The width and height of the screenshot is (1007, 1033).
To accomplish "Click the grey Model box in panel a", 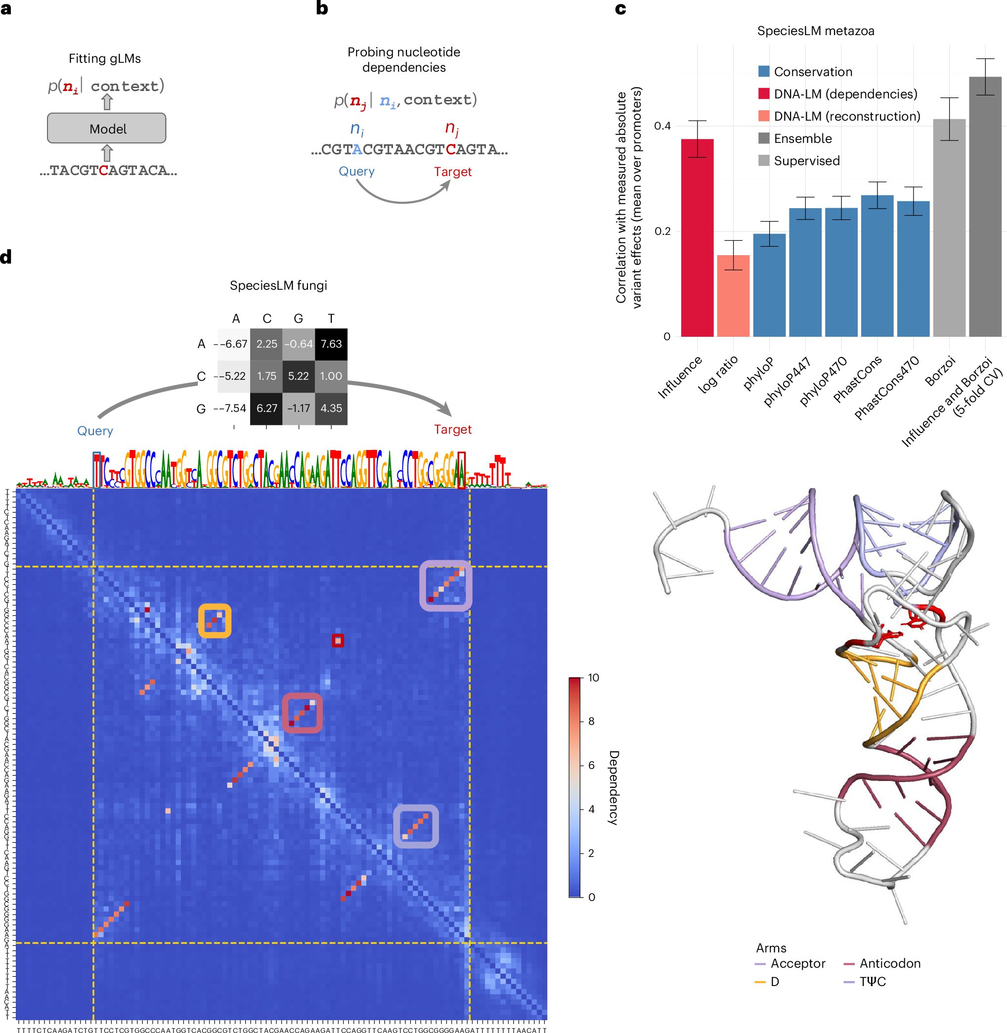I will tap(106, 128).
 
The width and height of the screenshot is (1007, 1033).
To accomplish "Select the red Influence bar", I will tap(697, 238).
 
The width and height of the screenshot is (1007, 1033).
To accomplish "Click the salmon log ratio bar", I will tap(733, 296).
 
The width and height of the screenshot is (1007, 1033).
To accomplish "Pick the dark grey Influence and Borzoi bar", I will tap(985, 206).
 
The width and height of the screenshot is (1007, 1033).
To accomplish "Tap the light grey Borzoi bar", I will tap(949, 227).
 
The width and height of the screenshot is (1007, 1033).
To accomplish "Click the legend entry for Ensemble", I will tap(802, 138).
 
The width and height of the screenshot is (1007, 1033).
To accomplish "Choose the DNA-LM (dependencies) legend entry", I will tap(845, 94).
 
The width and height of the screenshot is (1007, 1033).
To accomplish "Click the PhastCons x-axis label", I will tap(858, 378).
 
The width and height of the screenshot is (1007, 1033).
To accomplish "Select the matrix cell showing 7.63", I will tap(331, 344).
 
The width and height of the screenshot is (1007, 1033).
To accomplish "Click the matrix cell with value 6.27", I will tap(266, 408).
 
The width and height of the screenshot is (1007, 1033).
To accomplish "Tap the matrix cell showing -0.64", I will tap(298, 344).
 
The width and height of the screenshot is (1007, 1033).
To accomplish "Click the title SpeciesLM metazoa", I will tap(815, 31).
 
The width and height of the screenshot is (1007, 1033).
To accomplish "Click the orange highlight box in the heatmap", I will tap(215, 621).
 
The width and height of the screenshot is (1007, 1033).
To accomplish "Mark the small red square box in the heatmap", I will tap(338, 640).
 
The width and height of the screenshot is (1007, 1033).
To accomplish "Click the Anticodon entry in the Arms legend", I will tap(889, 963).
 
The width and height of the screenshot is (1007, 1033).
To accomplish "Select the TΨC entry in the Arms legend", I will tap(872, 982).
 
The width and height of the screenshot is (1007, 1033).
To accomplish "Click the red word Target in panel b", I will tap(452, 172).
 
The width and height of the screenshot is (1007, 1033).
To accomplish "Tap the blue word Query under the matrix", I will tap(95, 431).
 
